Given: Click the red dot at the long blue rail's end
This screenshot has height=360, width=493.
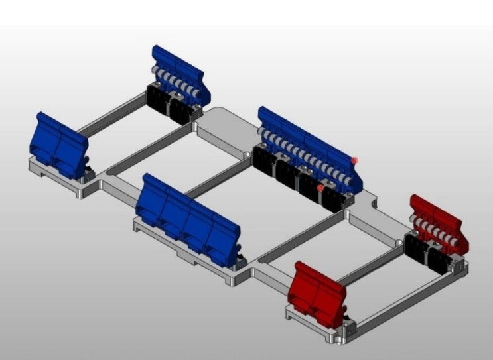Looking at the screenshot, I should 356,160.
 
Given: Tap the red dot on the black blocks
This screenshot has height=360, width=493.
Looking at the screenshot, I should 320,188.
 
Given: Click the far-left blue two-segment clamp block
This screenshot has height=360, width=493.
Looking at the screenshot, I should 58,143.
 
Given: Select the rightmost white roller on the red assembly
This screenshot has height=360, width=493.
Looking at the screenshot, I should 457,238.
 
